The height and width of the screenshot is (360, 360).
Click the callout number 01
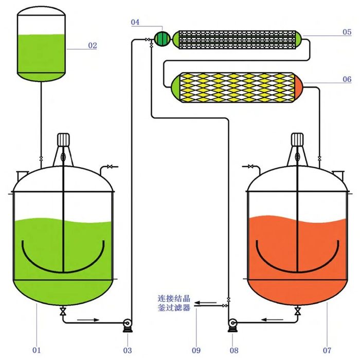coord(36,350)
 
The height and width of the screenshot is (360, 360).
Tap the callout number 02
coord(93,45)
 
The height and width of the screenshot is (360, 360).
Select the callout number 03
coord(128,350)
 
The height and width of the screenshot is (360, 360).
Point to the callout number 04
coord(135,22)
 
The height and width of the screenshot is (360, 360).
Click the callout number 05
coord(347,32)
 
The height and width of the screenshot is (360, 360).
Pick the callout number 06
coord(347,79)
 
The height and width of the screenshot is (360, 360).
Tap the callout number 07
coord(328,350)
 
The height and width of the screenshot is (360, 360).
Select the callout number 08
coord(235,350)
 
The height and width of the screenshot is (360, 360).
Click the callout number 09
coord(196,350)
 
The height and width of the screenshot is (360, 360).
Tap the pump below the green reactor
coord(127,323)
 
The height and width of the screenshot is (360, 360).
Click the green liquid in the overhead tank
coord(42,54)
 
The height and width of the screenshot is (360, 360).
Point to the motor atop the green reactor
coord(63,140)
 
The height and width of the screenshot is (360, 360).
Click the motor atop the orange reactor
coord(297,140)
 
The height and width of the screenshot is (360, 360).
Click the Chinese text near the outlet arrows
coord(174,303)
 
